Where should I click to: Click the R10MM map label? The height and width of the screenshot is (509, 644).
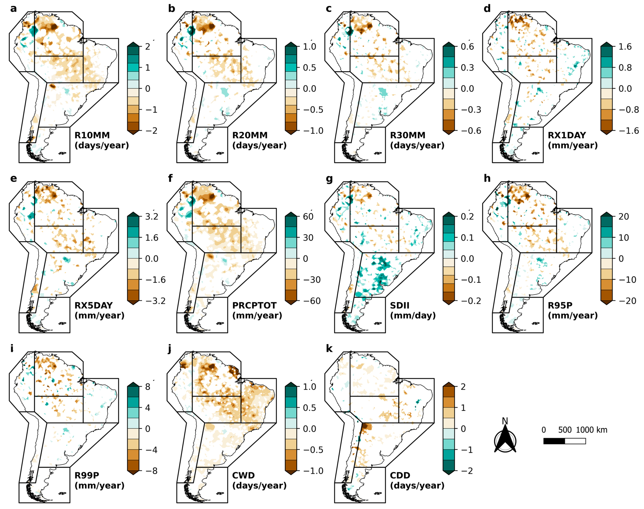coord(92,135)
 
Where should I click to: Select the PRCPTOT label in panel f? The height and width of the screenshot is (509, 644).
coord(254,306)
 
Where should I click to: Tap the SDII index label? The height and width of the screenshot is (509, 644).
coord(400,306)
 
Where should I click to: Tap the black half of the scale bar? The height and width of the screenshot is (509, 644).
coord(554,441)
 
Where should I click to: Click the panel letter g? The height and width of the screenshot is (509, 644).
coord(329,179)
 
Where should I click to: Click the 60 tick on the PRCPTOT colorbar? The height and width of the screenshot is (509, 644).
coord(308,217)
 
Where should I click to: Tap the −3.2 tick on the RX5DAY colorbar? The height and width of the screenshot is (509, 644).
coord(155,301)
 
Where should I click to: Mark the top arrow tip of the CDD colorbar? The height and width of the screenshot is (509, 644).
coord(449,383)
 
